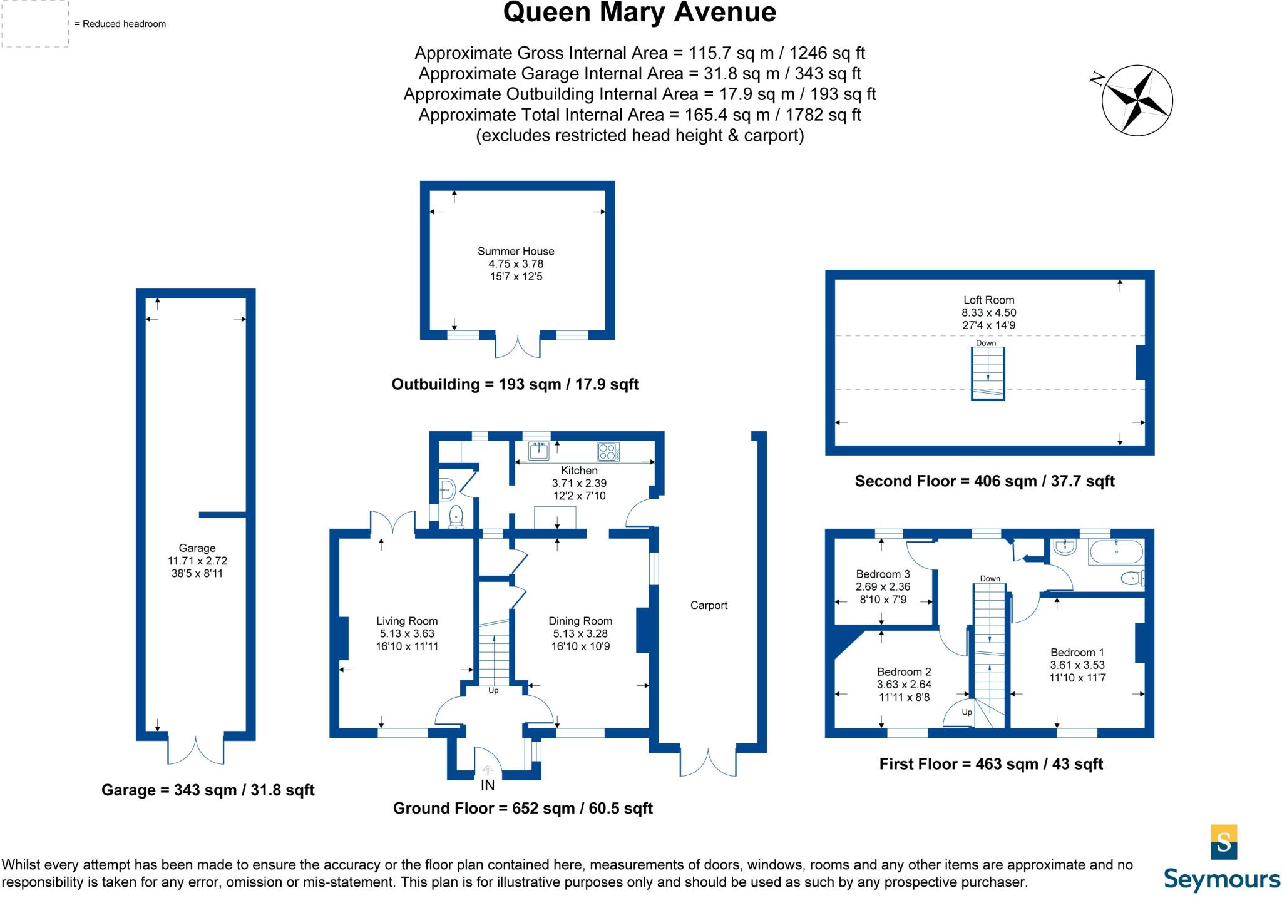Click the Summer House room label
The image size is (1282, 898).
coord(516,251)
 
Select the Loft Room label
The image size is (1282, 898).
coord(988,300)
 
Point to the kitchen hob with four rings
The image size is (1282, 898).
coord(607,451)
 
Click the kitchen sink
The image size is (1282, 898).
coord(538,450)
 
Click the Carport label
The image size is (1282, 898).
coord(709,605)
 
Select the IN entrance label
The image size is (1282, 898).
coord(488,785)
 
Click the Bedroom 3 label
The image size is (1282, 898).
coord(883,574)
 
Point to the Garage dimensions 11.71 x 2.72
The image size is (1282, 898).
coord(197,561)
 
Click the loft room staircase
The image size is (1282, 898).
coord(988,373)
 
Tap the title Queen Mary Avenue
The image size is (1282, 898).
coord(639,13)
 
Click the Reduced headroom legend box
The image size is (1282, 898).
coord(34,24)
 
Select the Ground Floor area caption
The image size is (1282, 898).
coord(523,808)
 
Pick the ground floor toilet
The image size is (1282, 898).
coord(456,517)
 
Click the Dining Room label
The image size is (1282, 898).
coord(580,621)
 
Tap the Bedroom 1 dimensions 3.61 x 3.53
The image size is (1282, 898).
coord(1077,665)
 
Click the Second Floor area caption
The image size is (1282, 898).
coord(985,481)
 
